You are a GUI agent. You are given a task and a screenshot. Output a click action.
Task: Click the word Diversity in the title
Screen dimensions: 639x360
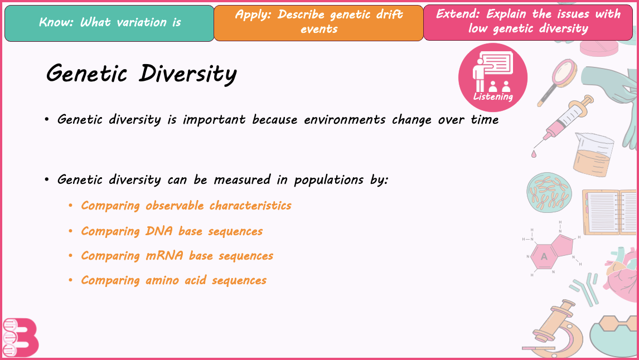187,74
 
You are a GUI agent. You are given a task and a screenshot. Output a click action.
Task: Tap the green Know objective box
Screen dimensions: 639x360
109,23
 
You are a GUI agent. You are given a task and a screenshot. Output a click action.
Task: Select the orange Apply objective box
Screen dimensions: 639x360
319,23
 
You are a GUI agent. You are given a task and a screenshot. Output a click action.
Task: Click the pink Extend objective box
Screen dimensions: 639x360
528,22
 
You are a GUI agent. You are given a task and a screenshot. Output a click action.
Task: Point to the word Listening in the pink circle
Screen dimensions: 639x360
493,97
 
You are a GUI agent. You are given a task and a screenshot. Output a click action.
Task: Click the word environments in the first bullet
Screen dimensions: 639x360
345,120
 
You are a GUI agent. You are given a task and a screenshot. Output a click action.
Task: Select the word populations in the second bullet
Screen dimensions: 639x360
328,181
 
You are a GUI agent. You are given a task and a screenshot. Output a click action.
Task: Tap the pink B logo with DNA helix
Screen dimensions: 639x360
21,338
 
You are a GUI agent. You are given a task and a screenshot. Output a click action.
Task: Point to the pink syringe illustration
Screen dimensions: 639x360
564,120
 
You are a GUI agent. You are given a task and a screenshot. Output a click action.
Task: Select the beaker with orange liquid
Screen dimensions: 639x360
593,154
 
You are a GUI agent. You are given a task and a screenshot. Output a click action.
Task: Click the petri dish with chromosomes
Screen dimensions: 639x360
549,192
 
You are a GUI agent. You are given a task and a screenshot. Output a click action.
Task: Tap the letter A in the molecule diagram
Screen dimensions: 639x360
544,256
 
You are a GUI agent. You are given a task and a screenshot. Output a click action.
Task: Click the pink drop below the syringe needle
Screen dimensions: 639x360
534,154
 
